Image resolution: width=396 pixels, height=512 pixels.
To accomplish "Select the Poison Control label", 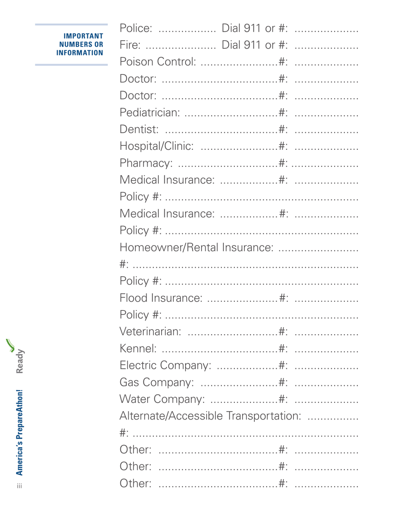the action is pyautogui.click(x=158, y=62).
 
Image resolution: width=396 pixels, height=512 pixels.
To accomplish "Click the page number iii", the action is pyautogui.click(x=19, y=485).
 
